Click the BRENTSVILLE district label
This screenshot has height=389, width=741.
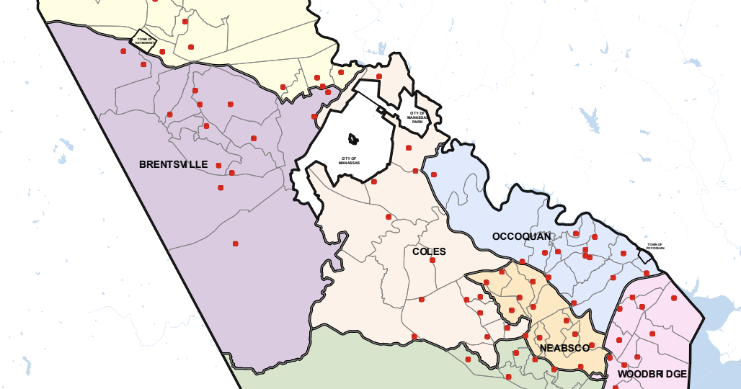(x=173, y=165)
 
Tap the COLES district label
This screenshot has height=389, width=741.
(x=429, y=251)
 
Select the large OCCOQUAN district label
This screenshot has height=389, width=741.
(x=521, y=236)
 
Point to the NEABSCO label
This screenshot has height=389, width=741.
(x=564, y=348)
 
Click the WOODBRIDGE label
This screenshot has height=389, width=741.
(x=652, y=374)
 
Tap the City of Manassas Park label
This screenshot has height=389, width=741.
(x=417, y=117)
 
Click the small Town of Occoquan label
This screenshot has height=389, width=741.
(x=655, y=246)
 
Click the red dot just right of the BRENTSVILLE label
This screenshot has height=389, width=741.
(x=218, y=165)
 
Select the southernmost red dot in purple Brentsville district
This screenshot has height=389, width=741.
(x=236, y=243)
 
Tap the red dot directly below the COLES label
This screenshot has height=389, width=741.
(x=432, y=260)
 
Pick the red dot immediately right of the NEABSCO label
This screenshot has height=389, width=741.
(x=593, y=345)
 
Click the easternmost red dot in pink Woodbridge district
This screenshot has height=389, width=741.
(x=674, y=298)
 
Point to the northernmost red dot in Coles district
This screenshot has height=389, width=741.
(x=379, y=76)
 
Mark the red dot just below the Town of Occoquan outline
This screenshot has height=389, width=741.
(x=647, y=273)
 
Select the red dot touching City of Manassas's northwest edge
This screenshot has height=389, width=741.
(x=314, y=116)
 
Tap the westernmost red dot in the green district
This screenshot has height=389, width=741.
(x=414, y=336)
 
